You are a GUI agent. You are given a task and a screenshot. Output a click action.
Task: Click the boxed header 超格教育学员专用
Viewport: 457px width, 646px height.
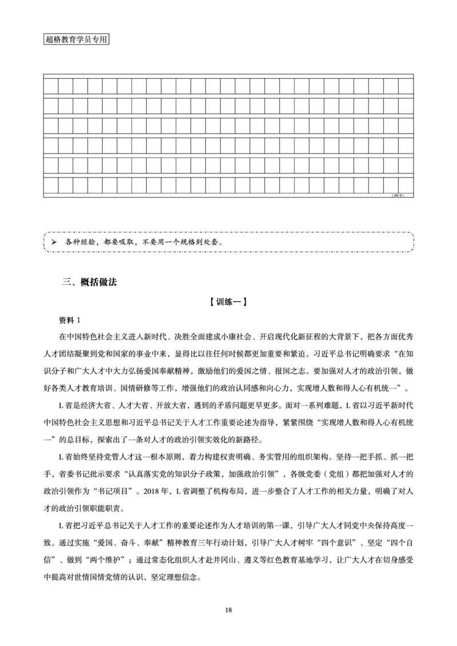pos(76,41)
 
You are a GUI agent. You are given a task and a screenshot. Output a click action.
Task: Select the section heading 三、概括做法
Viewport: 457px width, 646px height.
pos(90,282)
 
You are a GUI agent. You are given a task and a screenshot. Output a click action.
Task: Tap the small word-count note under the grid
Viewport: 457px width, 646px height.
pos(398,195)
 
